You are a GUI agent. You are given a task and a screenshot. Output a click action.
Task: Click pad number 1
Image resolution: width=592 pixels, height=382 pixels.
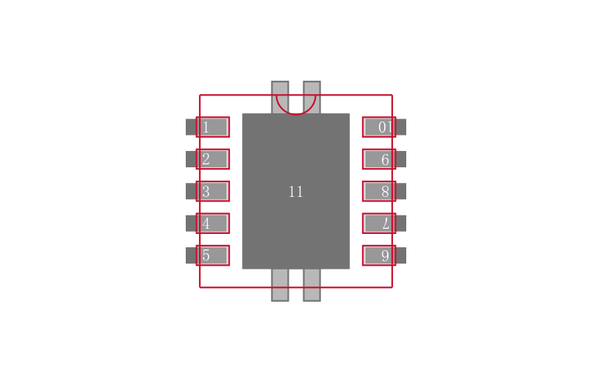coord(213,127)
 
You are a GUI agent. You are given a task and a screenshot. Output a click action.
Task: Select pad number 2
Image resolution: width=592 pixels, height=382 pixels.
coord(213,159)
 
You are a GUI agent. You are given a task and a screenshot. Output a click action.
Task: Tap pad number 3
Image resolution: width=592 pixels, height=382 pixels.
coord(213,191)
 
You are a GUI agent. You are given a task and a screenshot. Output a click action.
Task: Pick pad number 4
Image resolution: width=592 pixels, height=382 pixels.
coord(213,224)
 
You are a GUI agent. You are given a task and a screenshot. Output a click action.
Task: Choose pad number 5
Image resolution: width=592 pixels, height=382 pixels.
coord(213,255)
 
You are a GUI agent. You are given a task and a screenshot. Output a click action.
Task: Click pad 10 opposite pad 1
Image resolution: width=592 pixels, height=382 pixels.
coord(379,127)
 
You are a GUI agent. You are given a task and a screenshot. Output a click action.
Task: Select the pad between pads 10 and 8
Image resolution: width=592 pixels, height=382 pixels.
coord(379,159)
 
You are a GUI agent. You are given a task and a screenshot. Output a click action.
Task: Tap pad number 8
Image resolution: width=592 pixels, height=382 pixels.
coord(379,191)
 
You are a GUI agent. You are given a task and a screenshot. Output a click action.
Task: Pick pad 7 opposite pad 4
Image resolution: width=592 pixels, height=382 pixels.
coord(379,224)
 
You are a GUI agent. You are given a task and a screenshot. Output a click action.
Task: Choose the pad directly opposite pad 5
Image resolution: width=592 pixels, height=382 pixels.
coord(379,255)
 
